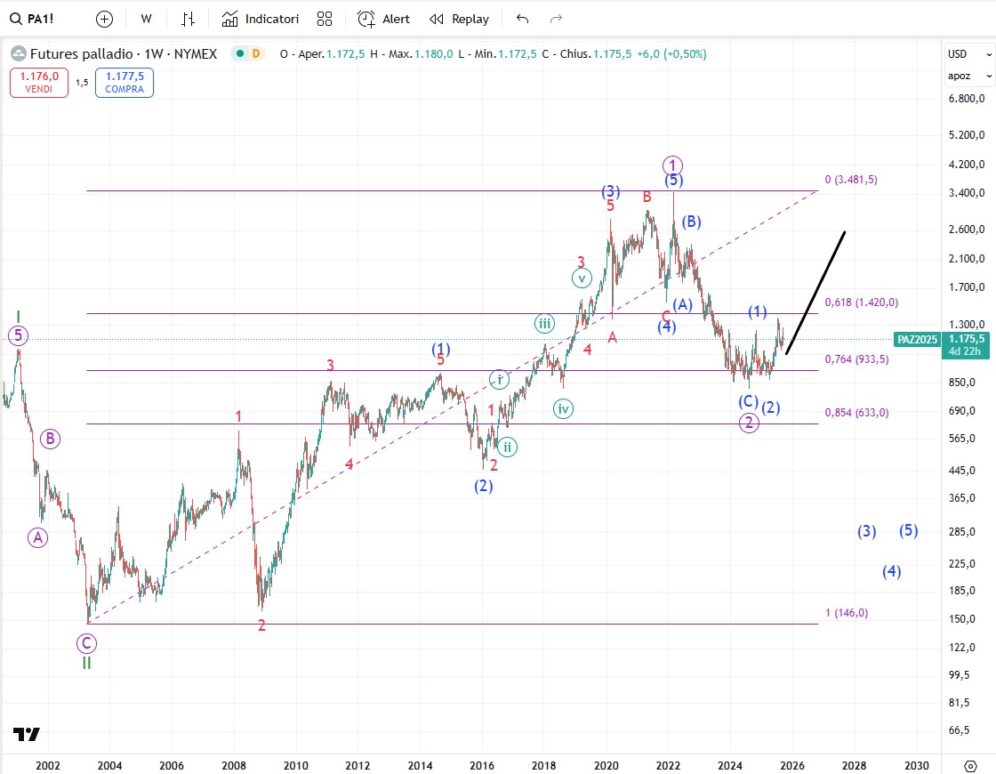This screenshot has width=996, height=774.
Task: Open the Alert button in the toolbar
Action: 384,19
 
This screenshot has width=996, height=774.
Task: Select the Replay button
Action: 459,19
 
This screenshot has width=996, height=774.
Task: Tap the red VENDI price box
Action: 39,83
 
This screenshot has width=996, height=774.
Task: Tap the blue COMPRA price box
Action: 124,83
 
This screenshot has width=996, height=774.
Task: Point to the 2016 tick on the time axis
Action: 482,765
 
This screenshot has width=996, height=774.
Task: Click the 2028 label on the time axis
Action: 854,765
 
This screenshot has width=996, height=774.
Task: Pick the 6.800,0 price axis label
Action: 967,98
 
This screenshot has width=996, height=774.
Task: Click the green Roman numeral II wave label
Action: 86,663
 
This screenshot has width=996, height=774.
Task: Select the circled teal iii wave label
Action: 544,324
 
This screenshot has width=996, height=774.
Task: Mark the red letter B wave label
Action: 647,196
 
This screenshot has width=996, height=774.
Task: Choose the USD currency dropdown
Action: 968,53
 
